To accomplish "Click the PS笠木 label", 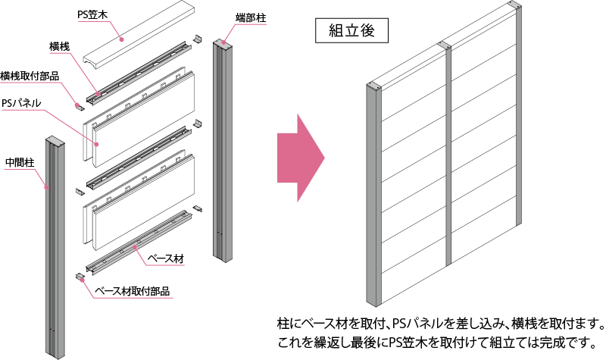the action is click(x=92, y=14).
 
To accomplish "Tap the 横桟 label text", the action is click(x=60, y=47).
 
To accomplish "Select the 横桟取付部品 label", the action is click(x=30, y=77).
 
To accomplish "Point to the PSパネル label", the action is click(x=21, y=103).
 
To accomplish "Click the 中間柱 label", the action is click(x=20, y=163).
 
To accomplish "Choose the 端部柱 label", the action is click(x=251, y=17).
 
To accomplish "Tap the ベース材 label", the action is click(x=166, y=258).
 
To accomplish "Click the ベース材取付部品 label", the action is click(x=132, y=291).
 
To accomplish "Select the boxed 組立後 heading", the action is click(x=351, y=30).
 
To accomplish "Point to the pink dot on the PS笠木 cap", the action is click(x=121, y=39).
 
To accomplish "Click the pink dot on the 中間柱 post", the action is click(x=46, y=187).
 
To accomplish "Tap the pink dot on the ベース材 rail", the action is click(x=135, y=247).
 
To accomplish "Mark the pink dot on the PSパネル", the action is click(x=97, y=144).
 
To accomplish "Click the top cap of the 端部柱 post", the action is click(x=222, y=43).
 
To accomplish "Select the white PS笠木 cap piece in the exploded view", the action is click(x=139, y=35).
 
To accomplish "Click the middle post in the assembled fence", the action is click(x=448, y=155).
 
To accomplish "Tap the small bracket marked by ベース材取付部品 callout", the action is click(x=80, y=276).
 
